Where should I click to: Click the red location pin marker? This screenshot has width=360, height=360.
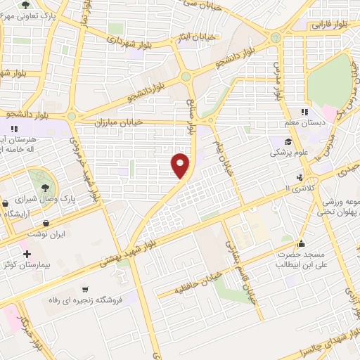tap(181, 165)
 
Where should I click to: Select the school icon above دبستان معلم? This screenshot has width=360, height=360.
tap(304, 111)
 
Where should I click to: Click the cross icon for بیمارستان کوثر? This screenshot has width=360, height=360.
tap(27, 254)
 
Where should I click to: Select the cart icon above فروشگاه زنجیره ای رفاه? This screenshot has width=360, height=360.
tap(85, 289)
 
